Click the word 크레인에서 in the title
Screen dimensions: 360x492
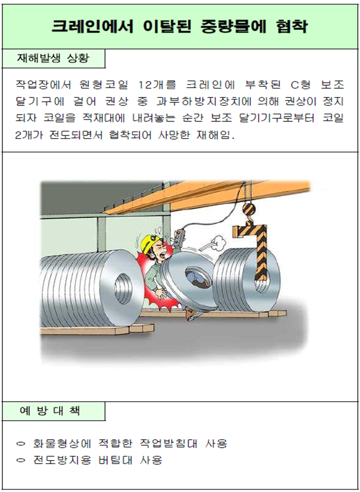92,27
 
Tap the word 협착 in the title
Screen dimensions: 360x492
292,27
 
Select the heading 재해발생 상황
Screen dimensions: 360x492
53,58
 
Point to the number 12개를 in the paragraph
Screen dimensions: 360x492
157,84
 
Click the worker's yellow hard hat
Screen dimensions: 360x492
149,243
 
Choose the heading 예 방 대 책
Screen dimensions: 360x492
50,410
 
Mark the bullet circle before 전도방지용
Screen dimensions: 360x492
21,460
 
